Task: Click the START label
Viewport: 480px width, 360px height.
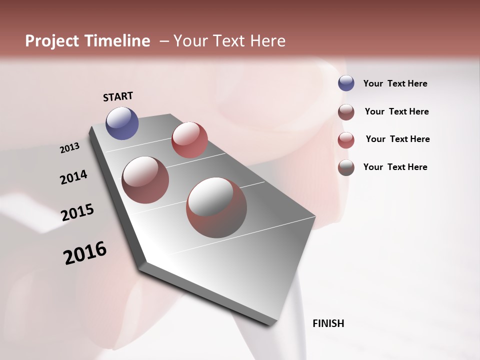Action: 118,96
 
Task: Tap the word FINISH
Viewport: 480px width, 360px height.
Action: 328,323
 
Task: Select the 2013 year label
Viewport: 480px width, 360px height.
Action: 69,148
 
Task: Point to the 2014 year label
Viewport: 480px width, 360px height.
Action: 73,177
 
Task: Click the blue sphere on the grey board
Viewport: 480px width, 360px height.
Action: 122,123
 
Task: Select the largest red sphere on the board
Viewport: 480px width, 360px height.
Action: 216,207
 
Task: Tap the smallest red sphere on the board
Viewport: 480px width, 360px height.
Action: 189,140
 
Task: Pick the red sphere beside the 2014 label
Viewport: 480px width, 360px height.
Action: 145,180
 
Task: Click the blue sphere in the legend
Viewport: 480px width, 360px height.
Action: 346,83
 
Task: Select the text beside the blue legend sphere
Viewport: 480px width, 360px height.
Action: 395,83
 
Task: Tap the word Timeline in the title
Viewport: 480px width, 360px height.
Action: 118,41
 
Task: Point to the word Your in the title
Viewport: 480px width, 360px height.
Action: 190,41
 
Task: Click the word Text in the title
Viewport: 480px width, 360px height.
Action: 229,41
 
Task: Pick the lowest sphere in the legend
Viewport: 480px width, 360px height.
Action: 346,167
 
